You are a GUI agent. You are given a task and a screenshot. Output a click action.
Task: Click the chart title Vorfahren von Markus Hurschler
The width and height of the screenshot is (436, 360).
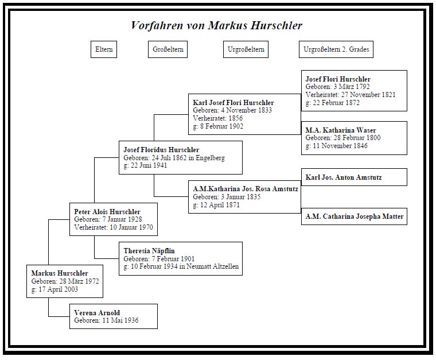click(216, 26)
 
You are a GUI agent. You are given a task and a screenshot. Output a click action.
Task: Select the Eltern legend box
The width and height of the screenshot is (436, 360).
click(103, 50)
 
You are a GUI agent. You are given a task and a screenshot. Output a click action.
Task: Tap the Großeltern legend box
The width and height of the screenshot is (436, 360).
click(168, 50)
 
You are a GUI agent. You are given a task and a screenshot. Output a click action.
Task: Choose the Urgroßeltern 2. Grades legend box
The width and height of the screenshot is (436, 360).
click(336, 50)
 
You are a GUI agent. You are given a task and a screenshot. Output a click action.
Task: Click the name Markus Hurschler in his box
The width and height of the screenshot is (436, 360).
click(60, 273)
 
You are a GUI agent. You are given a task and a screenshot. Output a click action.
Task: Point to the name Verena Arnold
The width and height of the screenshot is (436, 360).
click(97, 313)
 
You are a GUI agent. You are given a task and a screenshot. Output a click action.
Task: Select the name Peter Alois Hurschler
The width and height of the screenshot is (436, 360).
click(107, 212)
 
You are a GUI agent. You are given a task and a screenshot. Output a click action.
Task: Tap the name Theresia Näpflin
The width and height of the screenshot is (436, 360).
click(149, 251)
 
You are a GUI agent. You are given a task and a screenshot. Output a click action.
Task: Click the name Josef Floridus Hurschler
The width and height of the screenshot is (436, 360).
click(161, 150)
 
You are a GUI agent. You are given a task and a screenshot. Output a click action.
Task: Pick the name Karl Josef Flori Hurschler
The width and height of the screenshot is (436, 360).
click(233, 103)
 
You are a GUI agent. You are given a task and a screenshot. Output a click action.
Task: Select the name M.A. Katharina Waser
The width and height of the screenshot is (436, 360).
click(341, 130)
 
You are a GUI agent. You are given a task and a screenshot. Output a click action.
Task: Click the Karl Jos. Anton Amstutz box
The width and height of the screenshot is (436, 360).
click(354, 177)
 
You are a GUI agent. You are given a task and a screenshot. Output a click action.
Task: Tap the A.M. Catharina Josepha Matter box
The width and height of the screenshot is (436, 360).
click(354, 216)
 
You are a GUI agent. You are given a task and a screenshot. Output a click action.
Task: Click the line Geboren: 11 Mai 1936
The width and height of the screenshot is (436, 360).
click(106, 321)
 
